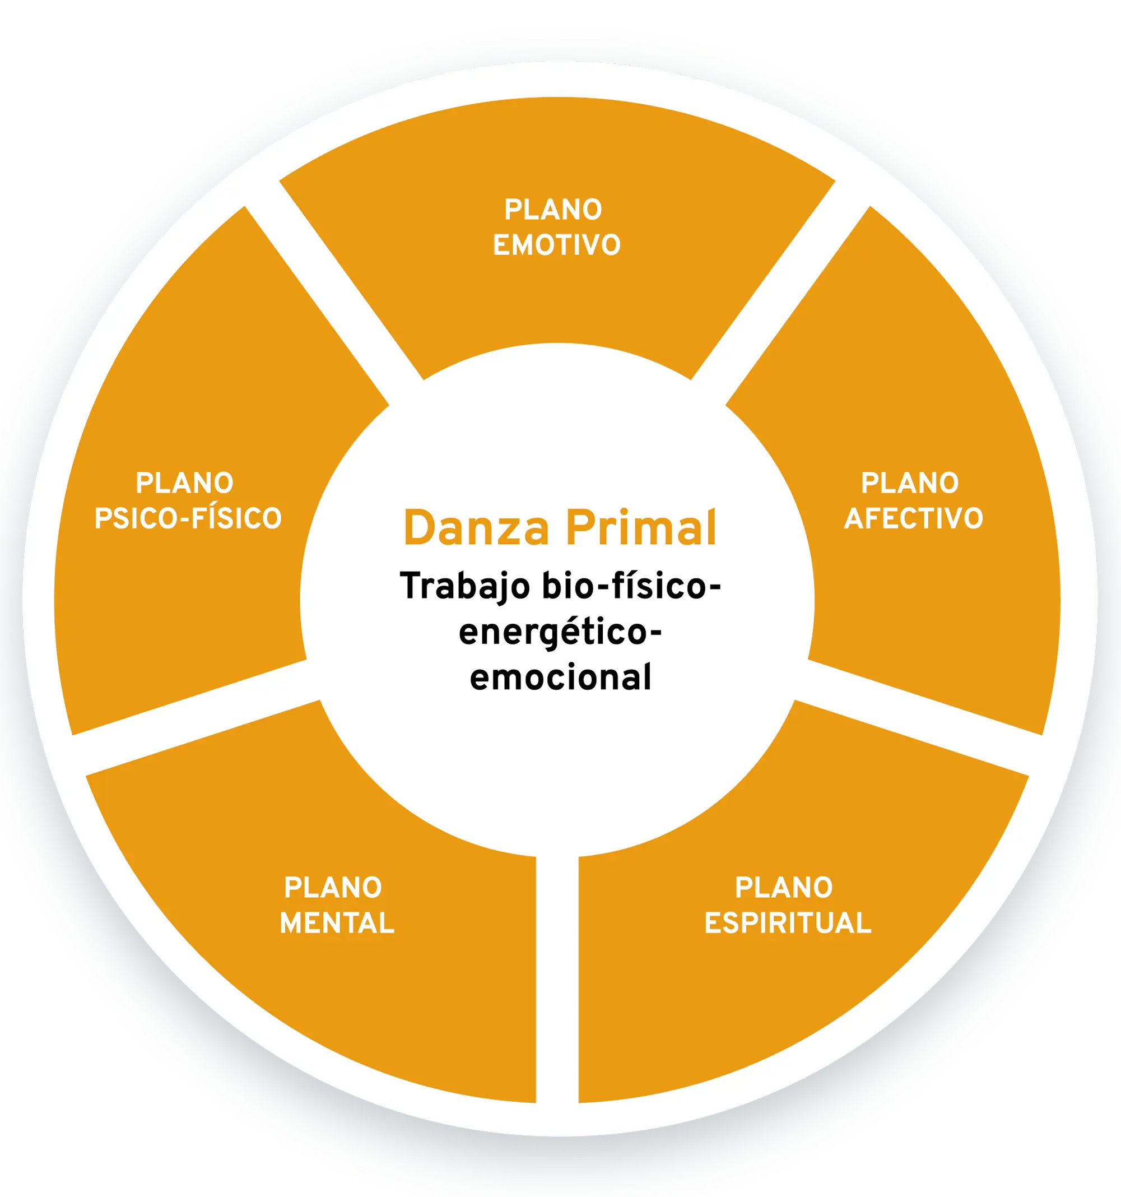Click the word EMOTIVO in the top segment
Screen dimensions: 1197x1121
pos(557,245)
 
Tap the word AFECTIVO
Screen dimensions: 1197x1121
pos(913,519)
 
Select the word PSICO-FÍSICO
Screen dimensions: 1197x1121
pos(188,519)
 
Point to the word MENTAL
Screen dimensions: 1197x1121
pos(337,924)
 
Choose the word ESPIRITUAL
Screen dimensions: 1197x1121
pos(788,924)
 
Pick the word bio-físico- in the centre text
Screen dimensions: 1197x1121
pos(631,587)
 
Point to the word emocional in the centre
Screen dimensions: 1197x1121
pos(560,678)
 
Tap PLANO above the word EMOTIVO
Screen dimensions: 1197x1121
pos(553,210)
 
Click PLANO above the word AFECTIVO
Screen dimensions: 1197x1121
pos(910,484)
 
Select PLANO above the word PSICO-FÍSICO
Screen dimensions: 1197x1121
pos(185,484)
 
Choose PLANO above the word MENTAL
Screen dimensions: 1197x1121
pos(333,888)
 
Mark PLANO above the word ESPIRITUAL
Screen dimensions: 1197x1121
pos(784,888)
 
